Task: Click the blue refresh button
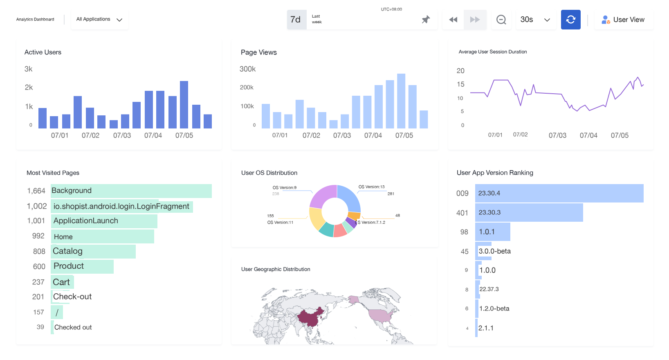(570, 19)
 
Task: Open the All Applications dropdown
(99, 19)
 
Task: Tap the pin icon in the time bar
(426, 20)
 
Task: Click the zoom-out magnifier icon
(501, 20)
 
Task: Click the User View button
(623, 20)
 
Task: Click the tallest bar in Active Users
(184, 105)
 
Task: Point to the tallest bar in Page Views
(401, 101)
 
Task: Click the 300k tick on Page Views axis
(247, 69)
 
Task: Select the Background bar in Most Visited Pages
(131, 191)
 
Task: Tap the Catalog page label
(67, 251)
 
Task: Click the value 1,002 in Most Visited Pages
(37, 206)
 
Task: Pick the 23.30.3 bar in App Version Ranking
(529, 212)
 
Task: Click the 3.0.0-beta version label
(494, 251)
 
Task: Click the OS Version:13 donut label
(372, 187)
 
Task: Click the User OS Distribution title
(269, 173)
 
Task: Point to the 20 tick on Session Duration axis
(460, 71)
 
